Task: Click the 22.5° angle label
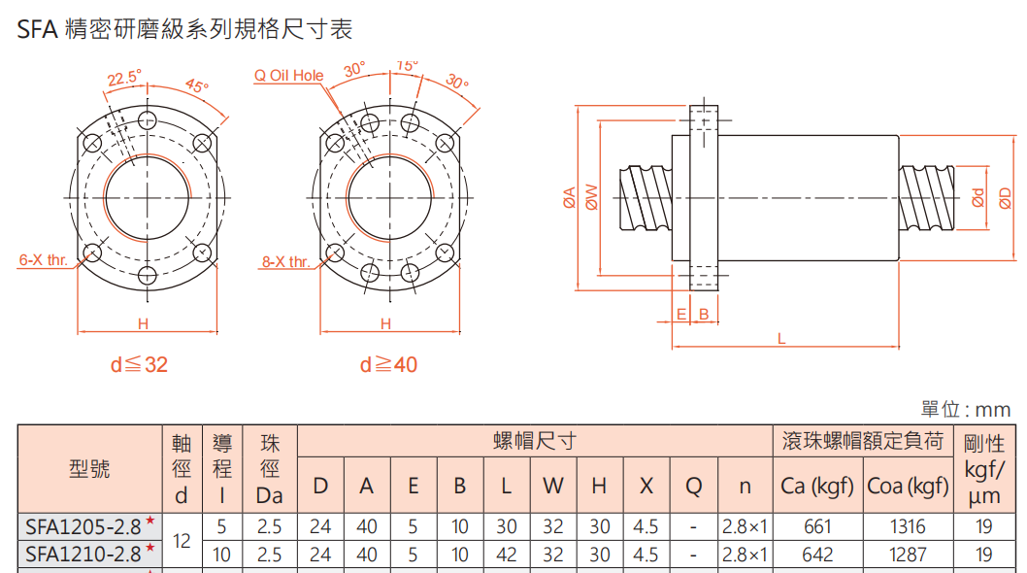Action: [123, 77]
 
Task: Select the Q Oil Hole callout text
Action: [289, 75]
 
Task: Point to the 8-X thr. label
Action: [285, 261]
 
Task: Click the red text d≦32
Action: [139, 365]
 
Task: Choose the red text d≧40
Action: [388, 365]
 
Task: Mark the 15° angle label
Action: [408, 65]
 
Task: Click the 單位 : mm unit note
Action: [965, 410]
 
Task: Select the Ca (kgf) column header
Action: [817, 486]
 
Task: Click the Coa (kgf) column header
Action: [908, 486]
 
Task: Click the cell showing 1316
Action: [908, 527]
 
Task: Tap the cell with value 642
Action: [817, 555]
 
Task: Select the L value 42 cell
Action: [507, 555]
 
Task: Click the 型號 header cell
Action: [90, 469]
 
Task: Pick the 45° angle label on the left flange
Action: [197, 86]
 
